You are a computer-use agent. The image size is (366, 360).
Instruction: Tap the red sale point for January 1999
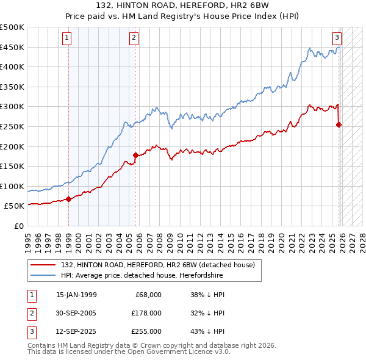click(68, 199)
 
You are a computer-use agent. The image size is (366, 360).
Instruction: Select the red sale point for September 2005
click(135, 155)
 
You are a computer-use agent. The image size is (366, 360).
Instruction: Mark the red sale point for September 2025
click(339, 124)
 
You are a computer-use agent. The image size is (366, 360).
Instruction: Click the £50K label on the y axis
click(15, 206)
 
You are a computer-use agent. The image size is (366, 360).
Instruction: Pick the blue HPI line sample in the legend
click(44, 275)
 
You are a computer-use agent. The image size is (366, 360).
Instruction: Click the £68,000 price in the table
click(148, 295)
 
